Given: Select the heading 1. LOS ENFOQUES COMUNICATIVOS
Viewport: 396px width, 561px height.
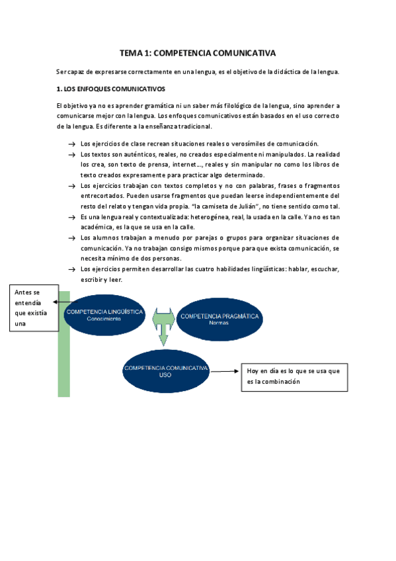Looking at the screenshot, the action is (x=111, y=89).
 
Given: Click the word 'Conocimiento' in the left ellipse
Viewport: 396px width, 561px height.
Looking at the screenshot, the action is (x=103, y=319).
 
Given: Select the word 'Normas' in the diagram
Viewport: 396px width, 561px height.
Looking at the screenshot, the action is (x=219, y=324).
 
